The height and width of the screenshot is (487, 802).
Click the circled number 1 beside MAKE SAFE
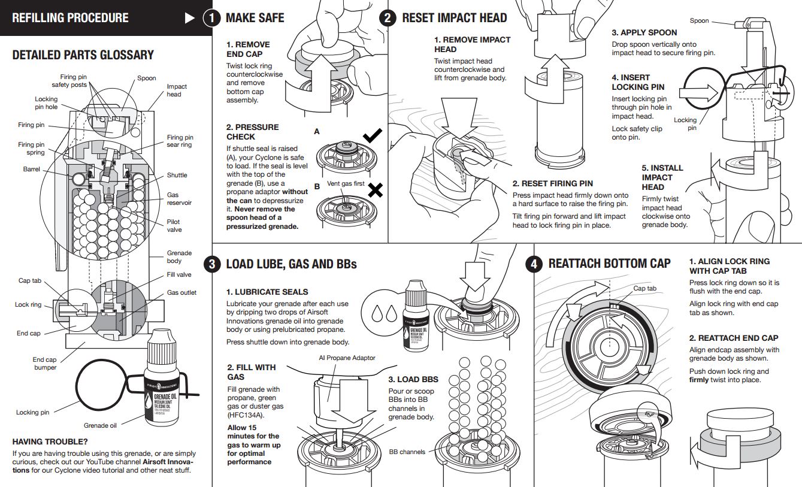[211, 18]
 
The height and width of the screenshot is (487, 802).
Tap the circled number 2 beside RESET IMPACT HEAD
[388, 18]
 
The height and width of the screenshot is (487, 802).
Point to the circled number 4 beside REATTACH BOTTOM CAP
[534, 264]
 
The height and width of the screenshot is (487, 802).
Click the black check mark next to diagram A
[373, 136]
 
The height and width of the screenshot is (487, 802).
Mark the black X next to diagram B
[375, 190]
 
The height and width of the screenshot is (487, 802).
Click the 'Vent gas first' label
[346, 183]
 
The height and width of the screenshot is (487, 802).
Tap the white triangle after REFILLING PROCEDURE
[190, 18]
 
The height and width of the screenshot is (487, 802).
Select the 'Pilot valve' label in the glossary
[174, 226]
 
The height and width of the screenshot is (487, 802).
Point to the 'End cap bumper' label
[45, 364]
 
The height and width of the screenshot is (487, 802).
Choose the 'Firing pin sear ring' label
[180, 141]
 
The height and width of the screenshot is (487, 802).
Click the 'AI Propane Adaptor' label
[347, 358]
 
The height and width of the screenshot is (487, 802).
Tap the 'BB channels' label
[407, 452]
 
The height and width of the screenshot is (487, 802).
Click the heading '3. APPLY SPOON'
[644, 32]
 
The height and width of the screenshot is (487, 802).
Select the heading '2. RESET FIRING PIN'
[552, 183]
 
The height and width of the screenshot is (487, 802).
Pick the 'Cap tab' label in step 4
[644, 288]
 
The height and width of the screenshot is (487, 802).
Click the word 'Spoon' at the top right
[699, 20]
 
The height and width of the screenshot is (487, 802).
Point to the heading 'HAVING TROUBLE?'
[51, 441]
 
